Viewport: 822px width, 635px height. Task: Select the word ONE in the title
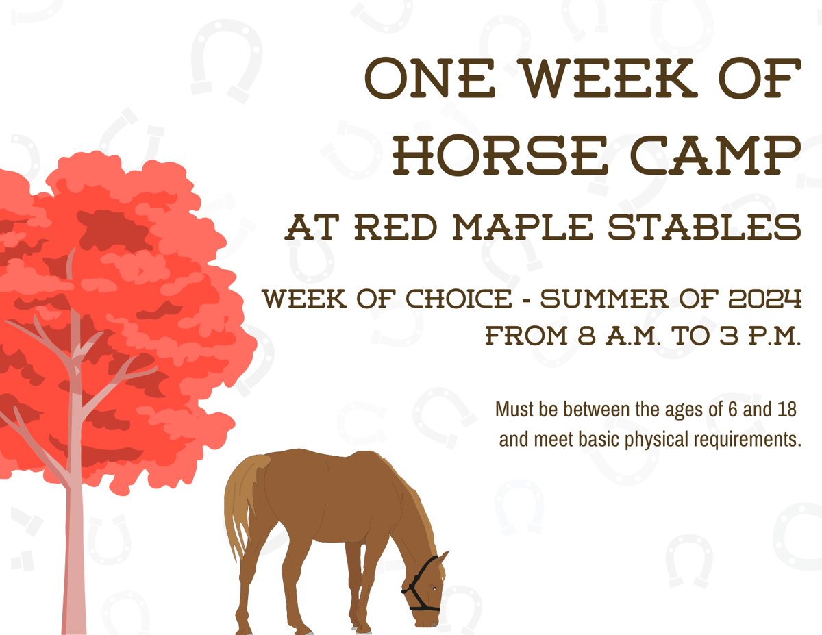(x=429, y=78)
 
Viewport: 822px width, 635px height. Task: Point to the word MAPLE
(x=523, y=227)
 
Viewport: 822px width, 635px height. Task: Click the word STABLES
(x=704, y=227)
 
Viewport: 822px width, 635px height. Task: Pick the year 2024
(x=765, y=299)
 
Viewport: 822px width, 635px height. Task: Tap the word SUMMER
(x=604, y=299)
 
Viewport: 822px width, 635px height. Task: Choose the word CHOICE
(x=459, y=299)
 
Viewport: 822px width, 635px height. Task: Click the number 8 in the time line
(x=587, y=336)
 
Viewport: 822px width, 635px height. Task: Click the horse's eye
(x=435, y=589)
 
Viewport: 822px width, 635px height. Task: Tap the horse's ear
(x=443, y=558)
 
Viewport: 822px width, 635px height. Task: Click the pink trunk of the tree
(x=75, y=530)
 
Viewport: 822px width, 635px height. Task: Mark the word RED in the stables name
(x=395, y=227)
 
